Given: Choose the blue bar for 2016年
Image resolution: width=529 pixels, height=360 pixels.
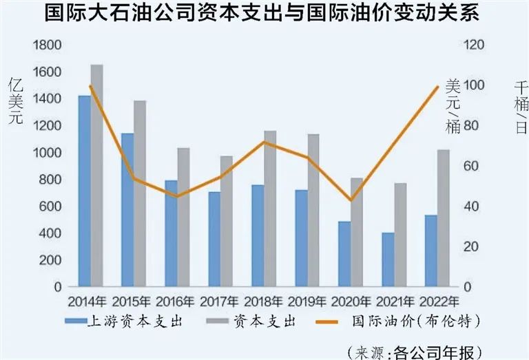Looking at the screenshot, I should pyautogui.click(x=171, y=233).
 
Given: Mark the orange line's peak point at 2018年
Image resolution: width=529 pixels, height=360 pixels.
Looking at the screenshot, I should pyautogui.click(x=264, y=142).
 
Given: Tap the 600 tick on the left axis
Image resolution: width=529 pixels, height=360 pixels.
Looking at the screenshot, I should pyautogui.click(x=50, y=207).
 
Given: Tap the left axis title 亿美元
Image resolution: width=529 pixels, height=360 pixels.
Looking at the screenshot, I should pyautogui.click(x=15, y=100).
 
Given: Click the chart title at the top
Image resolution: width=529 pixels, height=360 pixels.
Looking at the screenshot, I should pyautogui.click(x=264, y=14).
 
